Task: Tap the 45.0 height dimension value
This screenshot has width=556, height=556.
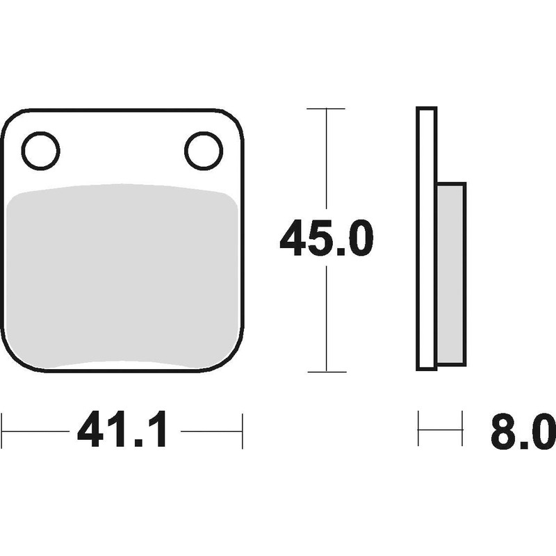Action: point(326,238)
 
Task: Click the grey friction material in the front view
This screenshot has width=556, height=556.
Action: point(122,276)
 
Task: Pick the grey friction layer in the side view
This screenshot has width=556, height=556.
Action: point(450,274)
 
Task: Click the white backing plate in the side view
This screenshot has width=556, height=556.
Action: point(426,238)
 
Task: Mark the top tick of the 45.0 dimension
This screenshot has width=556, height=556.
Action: point(326,108)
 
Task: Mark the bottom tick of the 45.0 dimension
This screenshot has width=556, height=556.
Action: point(327,372)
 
